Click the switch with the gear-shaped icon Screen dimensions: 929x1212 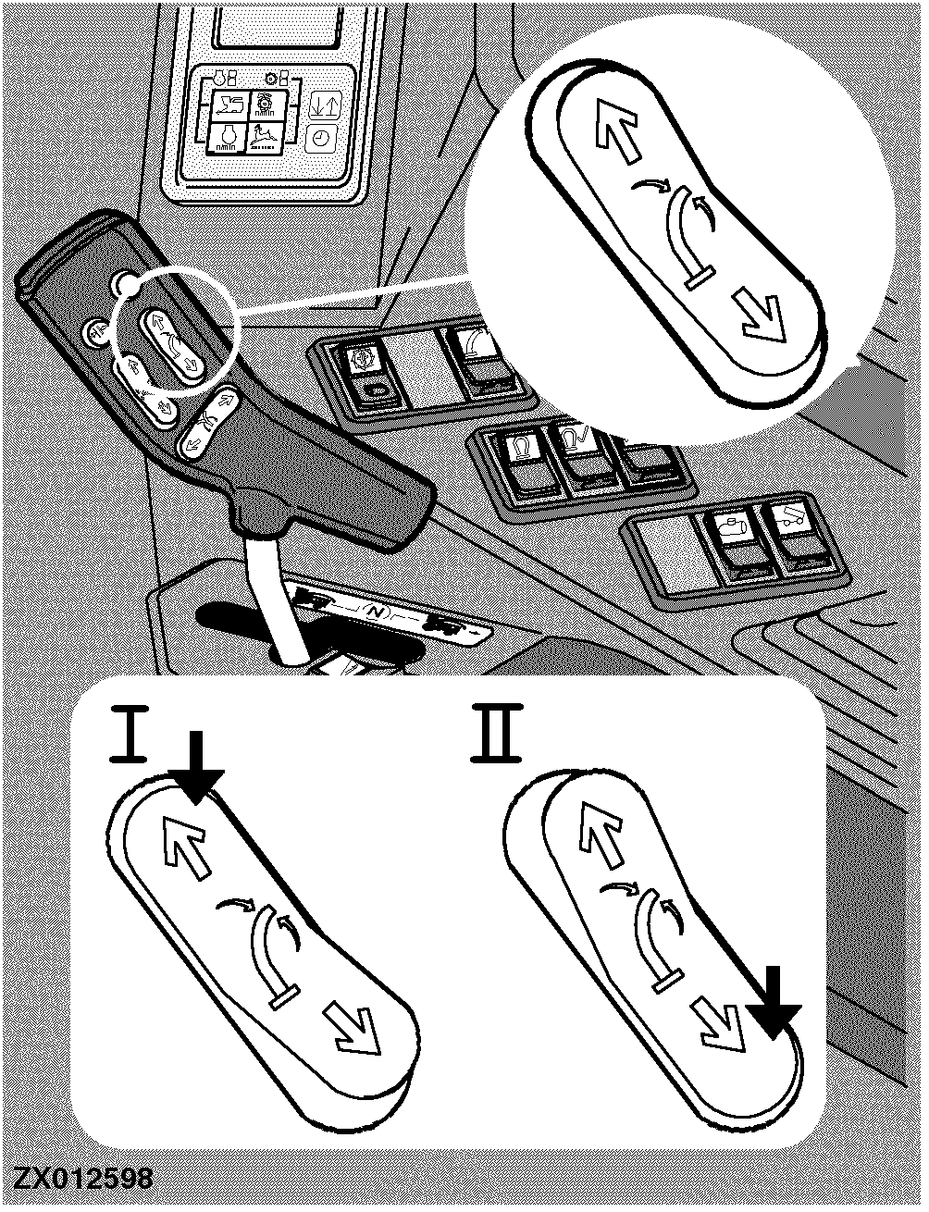[366, 371]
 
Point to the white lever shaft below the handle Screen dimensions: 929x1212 [270, 600]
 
